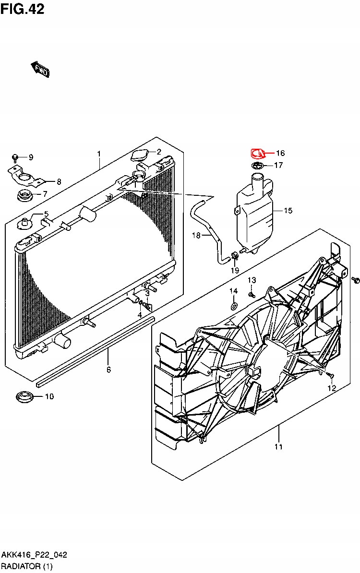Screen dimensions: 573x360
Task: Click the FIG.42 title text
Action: [x=23, y=8]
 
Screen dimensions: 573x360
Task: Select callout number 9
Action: [x=31, y=157]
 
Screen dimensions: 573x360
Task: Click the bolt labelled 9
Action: [x=16, y=157]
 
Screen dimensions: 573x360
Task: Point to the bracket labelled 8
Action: [x=24, y=177]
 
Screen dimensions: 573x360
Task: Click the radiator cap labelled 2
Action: [x=140, y=156]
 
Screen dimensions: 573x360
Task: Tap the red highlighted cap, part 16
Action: [x=259, y=154]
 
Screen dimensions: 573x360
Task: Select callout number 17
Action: [x=278, y=166]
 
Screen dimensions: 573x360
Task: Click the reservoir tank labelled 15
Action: [x=254, y=211]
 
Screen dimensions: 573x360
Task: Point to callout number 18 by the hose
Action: [x=196, y=235]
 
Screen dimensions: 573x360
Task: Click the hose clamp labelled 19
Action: [x=234, y=256]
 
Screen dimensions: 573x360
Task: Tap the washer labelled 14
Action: [x=233, y=306]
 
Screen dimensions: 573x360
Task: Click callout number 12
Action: [x=331, y=388]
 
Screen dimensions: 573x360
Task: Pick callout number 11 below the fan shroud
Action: [x=278, y=447]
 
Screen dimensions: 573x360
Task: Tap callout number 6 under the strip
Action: [x=108, y=370]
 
